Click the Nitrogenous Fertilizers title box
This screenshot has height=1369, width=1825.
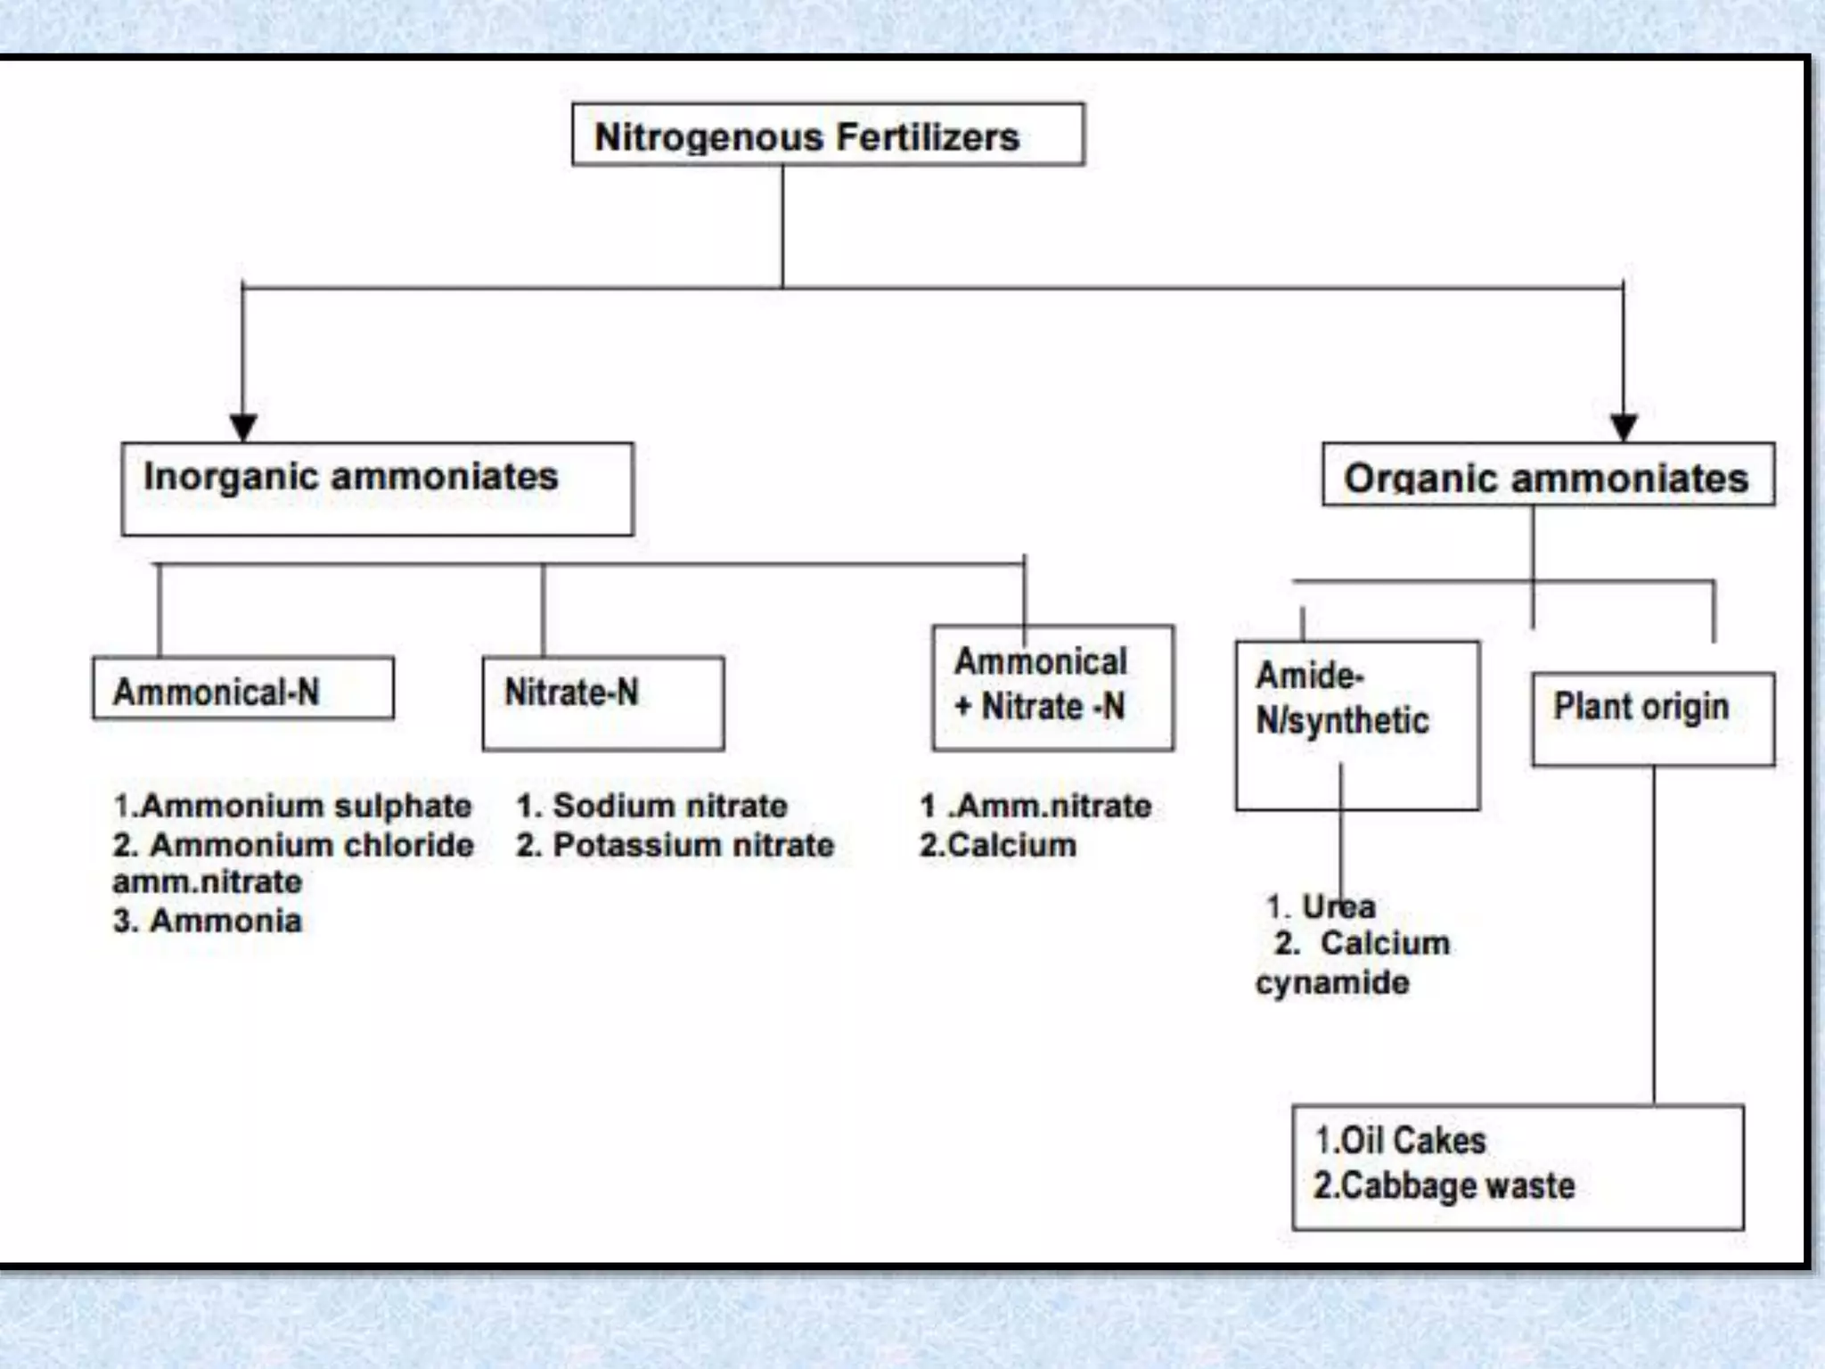point(827,135)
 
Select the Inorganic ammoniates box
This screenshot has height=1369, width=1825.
point(377,488)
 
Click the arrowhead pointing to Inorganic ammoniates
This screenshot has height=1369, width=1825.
point(243,426)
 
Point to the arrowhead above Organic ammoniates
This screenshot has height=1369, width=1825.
point(1623,426)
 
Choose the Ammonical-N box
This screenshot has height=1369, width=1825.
point(242,689)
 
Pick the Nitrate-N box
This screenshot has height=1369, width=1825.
point(602,703)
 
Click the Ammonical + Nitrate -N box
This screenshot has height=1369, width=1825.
point(1052,687)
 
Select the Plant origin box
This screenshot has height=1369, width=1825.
point(1652,717)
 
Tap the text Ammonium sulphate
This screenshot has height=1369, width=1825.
point(306,806)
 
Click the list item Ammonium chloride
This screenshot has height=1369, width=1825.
point(311,845)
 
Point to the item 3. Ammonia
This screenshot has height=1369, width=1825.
point(208,921)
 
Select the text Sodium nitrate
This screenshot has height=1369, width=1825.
point(669,806)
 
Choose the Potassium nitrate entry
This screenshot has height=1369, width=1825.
point(692,845)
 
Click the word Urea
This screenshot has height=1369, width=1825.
point(1338,906)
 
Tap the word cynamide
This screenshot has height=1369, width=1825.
point(1332,983)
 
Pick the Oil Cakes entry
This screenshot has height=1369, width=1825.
point(1412,1141)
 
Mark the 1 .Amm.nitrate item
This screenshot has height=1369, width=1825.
point(1035,806)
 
